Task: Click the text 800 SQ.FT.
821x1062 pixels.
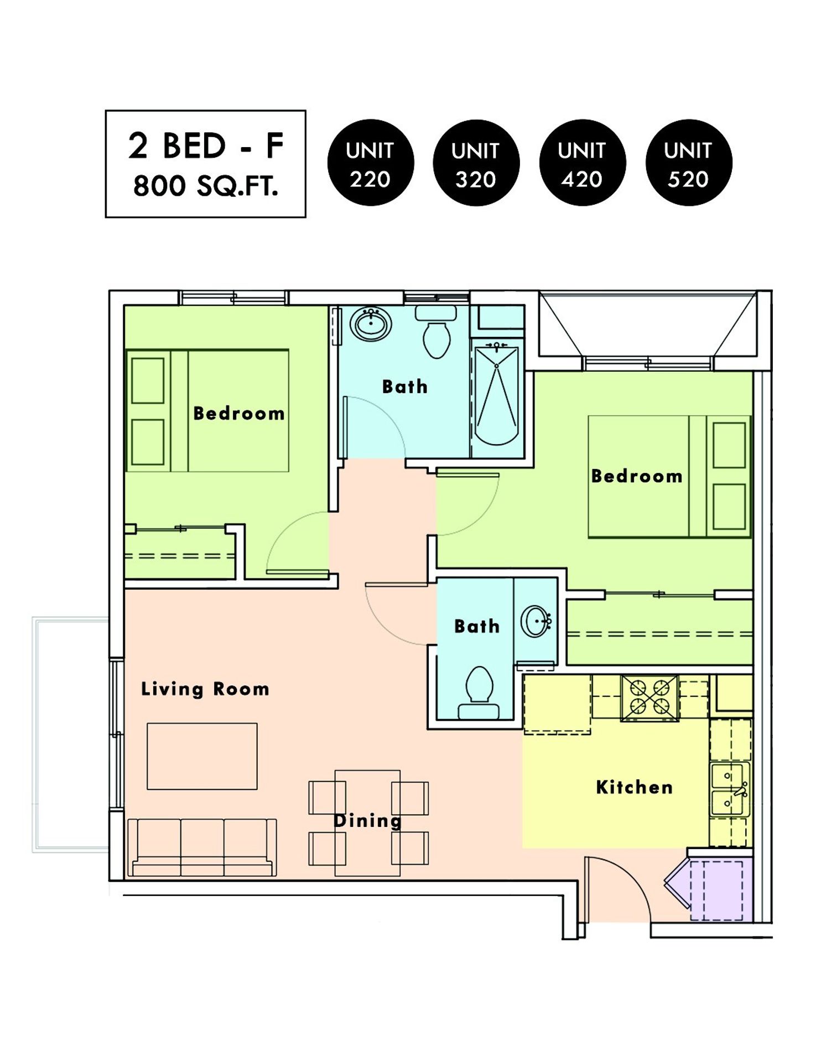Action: pyautogui.click(x=206, y=186)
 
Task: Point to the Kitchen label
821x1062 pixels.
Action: pyautogui.click(x=635, y=787)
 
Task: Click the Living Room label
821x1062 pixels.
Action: pyautogui.click(x=205, y=689)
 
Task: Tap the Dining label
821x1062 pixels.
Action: pyautogui.click(x=367, y=821)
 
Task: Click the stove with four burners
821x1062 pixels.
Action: pyautogui.click(x=650, y=698)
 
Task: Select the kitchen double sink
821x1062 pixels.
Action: pyautogui.click(x=730, y=789)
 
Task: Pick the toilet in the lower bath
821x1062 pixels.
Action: pyautogui.click(x=479, y=691)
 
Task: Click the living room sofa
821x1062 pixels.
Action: pyautogui.click(x=202, y=847)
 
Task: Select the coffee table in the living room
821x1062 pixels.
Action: pyautogui.click(x=202, y=756)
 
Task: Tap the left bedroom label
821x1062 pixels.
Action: pyautogui.click(x=239, y=413)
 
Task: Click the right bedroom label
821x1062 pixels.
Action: pyautogui.click(x=637, y=476)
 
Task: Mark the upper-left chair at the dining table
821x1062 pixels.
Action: pyautogui.click(x=327, y=798)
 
